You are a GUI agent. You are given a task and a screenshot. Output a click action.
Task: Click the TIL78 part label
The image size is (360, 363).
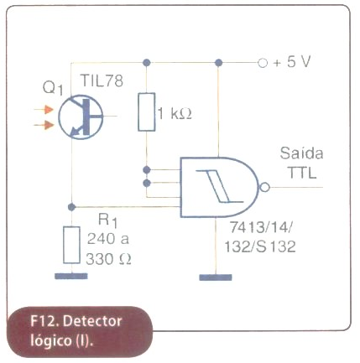pos(102,81)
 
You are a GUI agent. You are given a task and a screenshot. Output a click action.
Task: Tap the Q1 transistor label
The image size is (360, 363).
pos(53,89)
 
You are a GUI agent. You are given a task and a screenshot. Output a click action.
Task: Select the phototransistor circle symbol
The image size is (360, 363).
pos(81,117)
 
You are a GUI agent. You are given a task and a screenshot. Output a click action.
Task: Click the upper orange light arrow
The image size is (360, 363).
pos(44,110)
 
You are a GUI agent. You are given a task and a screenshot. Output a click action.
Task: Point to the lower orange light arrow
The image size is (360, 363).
pos(44,125)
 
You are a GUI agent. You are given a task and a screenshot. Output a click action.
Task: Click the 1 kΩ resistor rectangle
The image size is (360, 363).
pos(147,112)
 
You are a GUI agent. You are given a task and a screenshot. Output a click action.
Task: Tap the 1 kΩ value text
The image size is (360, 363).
pos(175,114)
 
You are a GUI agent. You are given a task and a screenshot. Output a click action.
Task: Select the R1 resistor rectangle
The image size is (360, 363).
pos(71,245)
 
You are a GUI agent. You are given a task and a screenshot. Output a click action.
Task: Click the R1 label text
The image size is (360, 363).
pos(107,220)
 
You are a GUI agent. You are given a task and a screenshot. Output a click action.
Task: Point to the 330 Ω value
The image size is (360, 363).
pos(108,259)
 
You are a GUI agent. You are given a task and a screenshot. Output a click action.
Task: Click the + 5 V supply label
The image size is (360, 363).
pos(292,62)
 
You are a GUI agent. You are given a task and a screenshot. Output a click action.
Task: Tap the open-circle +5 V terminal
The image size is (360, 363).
pos(263,63)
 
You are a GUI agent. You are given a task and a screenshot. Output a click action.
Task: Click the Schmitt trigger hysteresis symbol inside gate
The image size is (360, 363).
pos(220,186)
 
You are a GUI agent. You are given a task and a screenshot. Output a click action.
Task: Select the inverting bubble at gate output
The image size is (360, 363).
pos(264,187)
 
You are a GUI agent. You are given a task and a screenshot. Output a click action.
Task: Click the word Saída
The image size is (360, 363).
pos(301,153)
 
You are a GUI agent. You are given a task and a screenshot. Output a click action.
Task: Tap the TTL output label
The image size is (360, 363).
pos(301,173)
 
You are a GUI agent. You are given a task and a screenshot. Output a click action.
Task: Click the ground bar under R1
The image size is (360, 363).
pos(71,276)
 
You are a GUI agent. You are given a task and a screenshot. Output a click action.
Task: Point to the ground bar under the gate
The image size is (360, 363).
pos(216,277)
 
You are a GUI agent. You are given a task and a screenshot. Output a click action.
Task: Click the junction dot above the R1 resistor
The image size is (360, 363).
pos(71,207)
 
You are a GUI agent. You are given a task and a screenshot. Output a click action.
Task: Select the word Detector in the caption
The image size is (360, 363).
pos(92,321)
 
